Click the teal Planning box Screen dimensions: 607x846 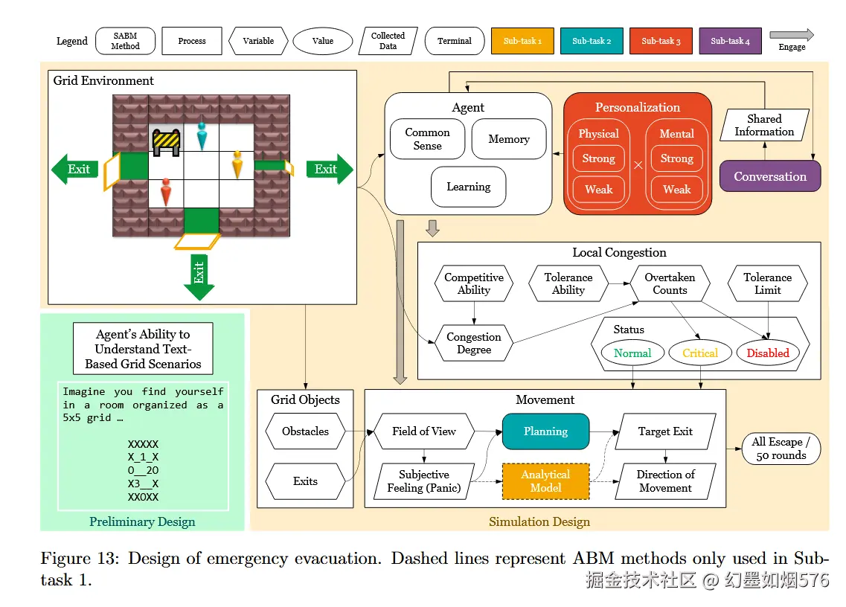tap(545, 431)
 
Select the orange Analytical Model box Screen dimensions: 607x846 tap(545, 481)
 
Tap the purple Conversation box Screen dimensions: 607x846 tap(770, 176)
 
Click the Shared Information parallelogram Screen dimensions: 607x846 tap(764, 125)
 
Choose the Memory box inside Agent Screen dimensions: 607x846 tap(509, 139)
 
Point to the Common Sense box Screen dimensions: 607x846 tap(427, 139)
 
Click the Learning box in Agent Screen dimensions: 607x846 tap(468, 187)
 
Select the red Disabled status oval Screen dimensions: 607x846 tap(768, 353)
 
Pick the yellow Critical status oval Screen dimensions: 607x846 tap(700, 353)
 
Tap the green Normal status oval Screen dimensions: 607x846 tap(632, 353)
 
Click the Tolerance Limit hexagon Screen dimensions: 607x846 tap(767, 283)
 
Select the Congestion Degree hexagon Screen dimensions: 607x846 tap(474, 343)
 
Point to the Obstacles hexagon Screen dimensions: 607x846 tap(305, 431)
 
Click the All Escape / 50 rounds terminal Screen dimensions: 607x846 tap(781, 449)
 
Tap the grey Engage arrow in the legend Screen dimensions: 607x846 tap(792, 35)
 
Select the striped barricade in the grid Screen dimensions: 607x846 tap(166, 141)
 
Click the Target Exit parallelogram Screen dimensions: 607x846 tap(665, 431)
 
